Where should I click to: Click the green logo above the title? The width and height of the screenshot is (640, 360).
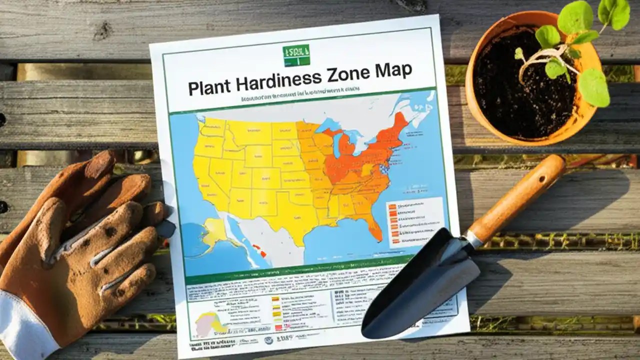296,55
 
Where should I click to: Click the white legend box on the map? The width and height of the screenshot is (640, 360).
415,221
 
